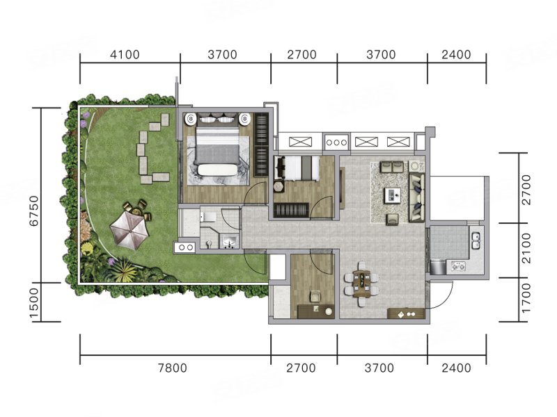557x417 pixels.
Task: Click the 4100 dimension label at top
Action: click(125, 55)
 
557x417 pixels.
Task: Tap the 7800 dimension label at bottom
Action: click(172, 368)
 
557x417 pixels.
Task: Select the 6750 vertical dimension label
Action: click(33, 211)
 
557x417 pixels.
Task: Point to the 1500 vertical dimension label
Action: click(33, 302)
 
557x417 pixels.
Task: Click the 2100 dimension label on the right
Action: click(526, 248)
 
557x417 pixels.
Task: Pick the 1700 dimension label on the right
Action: click(526, 298)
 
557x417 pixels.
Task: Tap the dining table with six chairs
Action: click(361, 284)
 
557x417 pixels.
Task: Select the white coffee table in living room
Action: click(393, 195)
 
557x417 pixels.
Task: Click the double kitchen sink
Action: click(476, 240)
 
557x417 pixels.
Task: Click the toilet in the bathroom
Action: click(207, 216)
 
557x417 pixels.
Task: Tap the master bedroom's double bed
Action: click(217, 149)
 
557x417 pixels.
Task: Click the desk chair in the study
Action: click(315, 297)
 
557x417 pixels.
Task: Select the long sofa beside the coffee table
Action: click(416, 197)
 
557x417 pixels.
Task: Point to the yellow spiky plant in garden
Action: click(124, 269)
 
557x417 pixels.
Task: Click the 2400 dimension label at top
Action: click(457, 55)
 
